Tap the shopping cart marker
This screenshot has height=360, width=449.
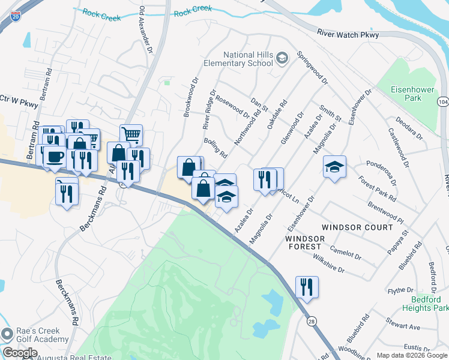[x=131, y=134]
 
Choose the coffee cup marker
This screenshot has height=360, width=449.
[x=55, y=156]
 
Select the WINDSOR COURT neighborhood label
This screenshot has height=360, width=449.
[x=357, y=227]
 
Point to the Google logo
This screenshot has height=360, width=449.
[x=19, y=353]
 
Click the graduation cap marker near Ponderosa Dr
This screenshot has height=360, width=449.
[x=334, y=166]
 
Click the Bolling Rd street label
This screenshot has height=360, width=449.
[x=215, y=148]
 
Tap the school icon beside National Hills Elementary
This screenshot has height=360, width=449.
[x=282, y=59]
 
